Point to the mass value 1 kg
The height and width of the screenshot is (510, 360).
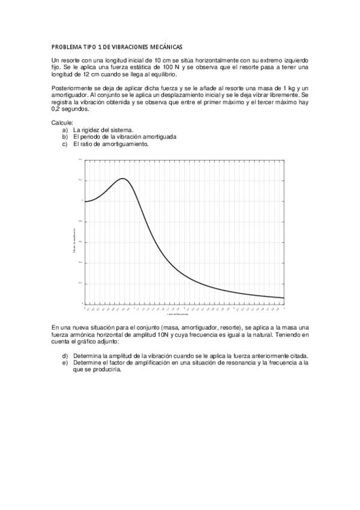[289, 88]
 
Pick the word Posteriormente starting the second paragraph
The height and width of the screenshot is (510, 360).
[72, 88]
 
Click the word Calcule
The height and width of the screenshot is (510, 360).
[63, 122]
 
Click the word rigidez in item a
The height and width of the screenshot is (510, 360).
[92, 129]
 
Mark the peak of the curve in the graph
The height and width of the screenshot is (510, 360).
[123, 179]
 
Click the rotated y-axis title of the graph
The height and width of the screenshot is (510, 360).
[74, 240]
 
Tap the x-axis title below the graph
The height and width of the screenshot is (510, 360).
[178, 313]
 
